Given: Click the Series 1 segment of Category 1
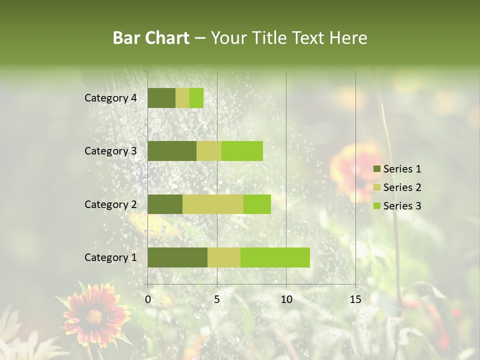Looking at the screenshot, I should point(177,257).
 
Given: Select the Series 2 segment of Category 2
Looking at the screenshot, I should point(213,204).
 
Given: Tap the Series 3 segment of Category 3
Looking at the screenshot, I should point(242,151).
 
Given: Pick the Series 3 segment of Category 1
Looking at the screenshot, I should point(275,257).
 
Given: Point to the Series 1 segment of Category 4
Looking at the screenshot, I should point(161,98).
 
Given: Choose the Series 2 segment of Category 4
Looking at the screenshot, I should point(182,98).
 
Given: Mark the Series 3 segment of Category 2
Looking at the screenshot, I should point(257,204).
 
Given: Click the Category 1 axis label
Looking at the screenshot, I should point(110,257).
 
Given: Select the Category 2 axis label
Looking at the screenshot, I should point(110,204).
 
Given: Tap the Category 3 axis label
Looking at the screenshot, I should point(110,151).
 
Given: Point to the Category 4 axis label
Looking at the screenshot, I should point(110,98).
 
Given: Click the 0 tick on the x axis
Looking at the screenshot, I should point(148,299).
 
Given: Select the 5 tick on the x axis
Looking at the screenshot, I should point(217,299).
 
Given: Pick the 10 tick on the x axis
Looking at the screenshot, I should point(286,299).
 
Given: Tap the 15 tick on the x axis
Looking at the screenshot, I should point(355,299).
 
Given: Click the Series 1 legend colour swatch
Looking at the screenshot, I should point(376,169).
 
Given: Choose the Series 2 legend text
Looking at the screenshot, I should point(402,187).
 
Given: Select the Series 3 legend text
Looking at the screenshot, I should point(402,206).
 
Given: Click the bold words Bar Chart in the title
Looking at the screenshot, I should point(151,38).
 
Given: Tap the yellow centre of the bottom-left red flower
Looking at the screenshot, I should point(94,316).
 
